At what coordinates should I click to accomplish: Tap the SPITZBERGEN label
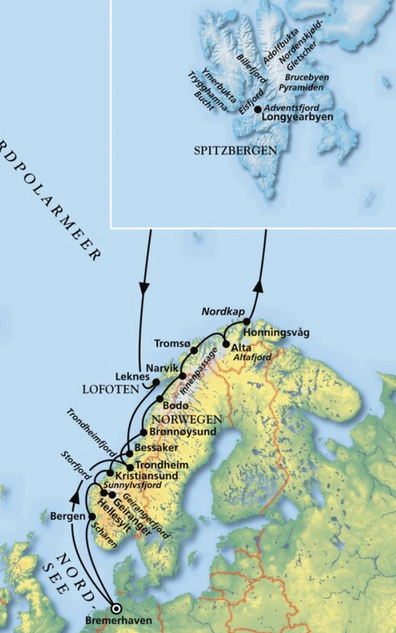click(x=235, y=150)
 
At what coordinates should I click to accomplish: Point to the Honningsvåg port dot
click(x=247, y=322)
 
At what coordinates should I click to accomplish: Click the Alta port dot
click(x=226, y=344)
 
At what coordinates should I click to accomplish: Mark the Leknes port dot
click(x=156, y=382)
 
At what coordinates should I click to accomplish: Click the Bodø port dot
click(x=160, y=398)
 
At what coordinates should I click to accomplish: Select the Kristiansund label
click(x=146, y=476)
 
